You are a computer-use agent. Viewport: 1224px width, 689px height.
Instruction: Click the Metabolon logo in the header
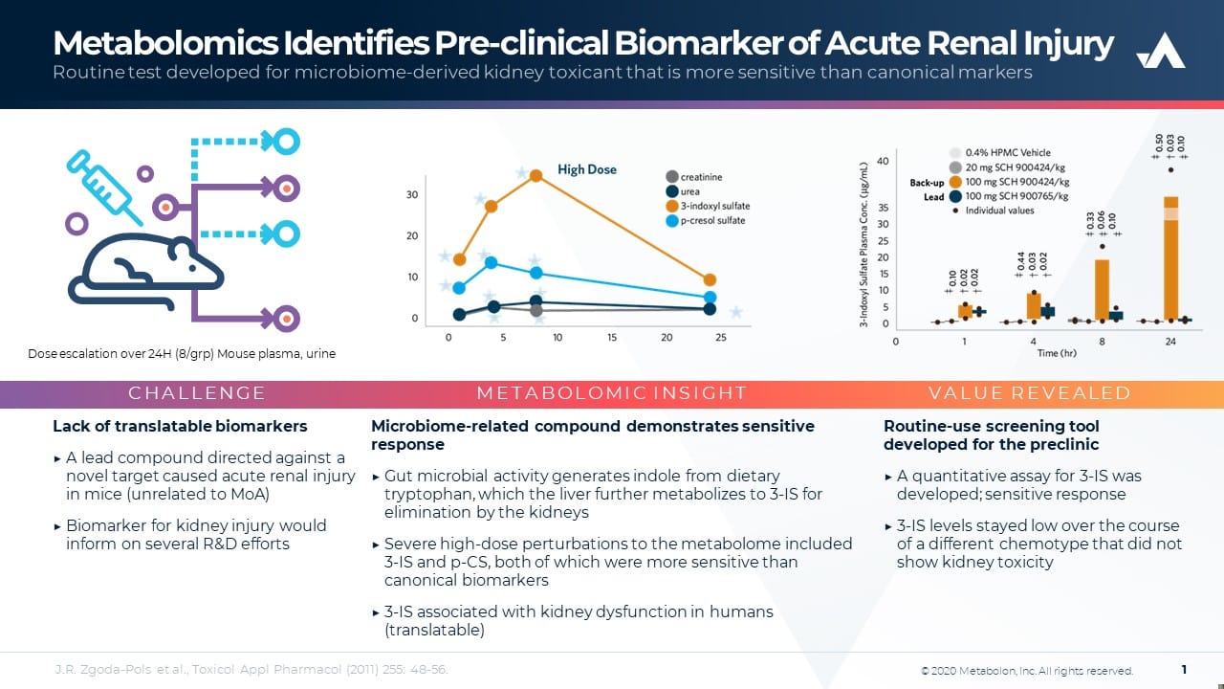coord(1160,52)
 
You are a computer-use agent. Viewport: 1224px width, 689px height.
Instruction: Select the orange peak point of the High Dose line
coord(536,175)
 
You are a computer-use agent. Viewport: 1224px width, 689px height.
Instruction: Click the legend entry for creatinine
coord(701,177)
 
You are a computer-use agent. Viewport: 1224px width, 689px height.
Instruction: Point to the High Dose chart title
coord(587,169)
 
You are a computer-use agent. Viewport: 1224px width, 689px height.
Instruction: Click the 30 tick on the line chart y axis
coord(412,195)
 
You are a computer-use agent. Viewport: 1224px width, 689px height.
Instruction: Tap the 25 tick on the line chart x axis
coord(721,338)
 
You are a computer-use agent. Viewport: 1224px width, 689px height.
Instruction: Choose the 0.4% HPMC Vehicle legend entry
coord(1007,153)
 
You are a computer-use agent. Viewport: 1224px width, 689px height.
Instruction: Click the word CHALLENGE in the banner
coord(197,393)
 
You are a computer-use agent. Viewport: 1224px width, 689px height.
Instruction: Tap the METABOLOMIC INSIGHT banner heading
coord(611,393)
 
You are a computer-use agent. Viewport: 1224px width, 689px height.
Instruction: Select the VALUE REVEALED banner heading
coord(1029,393)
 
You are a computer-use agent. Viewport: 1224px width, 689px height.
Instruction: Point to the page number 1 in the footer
coord(1184,670)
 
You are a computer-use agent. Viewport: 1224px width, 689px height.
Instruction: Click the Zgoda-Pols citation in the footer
coord(251,670)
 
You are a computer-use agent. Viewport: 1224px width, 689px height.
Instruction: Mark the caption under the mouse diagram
coord(182,354)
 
